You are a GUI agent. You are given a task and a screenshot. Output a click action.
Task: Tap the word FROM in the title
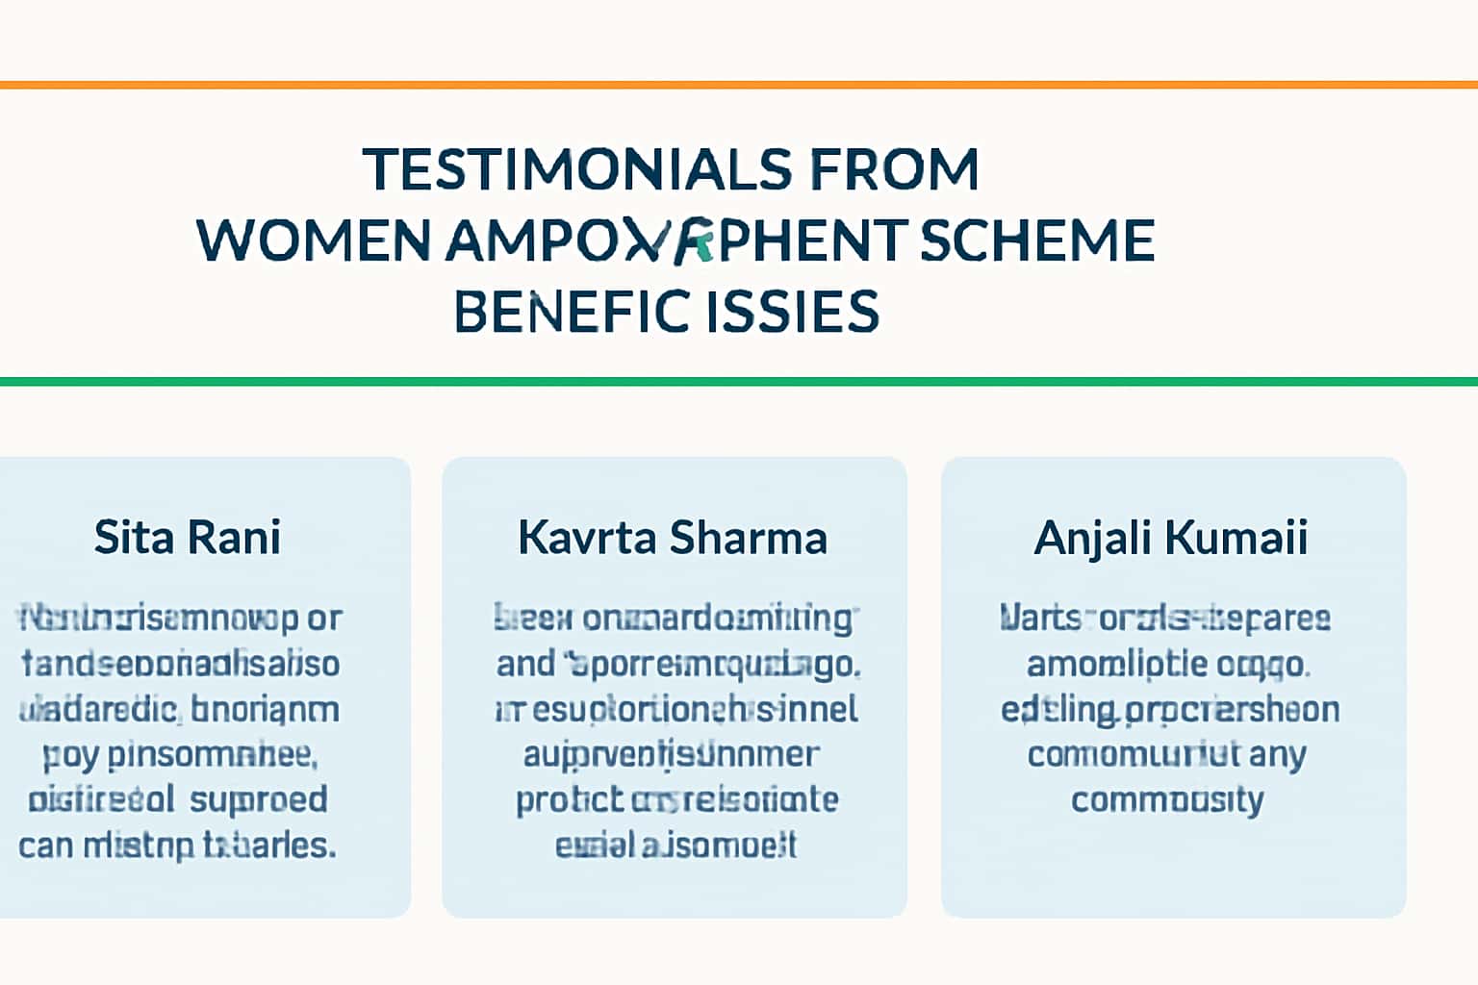point(894,169)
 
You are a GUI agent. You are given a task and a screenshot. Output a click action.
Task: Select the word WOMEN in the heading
point(314,240)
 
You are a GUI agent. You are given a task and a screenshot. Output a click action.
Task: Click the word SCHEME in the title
point(1036,240)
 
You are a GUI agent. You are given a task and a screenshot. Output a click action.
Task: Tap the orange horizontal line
point(739,85)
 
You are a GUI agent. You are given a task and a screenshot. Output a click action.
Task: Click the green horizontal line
point(739,382)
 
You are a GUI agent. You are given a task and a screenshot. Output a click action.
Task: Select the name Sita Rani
point(188,537)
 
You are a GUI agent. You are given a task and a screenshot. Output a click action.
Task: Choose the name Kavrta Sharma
point(673,537)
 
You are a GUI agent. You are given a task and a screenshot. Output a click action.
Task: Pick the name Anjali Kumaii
point(1171,537)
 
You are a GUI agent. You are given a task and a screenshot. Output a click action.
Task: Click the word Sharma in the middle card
point(748,537)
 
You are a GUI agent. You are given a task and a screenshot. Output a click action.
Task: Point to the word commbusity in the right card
point(1167,799)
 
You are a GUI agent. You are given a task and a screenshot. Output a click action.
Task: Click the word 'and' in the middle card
point(525,663)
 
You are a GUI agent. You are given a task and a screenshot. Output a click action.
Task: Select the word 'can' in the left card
point(46,846)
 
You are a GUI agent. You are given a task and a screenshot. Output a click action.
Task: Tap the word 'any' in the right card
point(1277,754)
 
